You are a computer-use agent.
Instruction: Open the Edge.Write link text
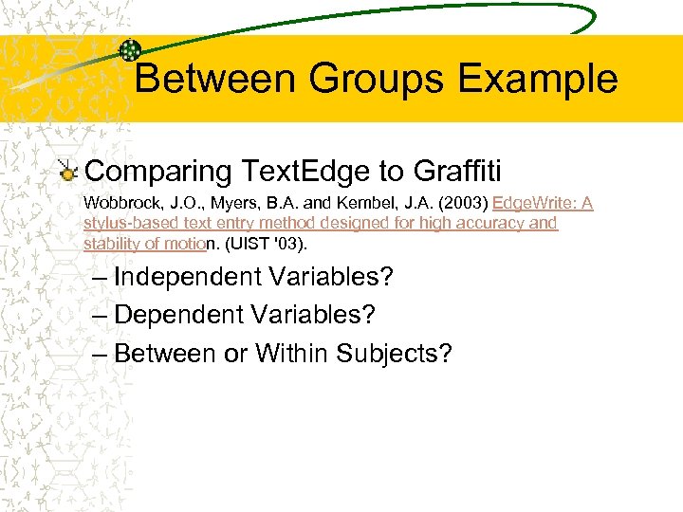[x=530, y=204]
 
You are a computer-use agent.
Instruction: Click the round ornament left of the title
[x=131, y=51]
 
